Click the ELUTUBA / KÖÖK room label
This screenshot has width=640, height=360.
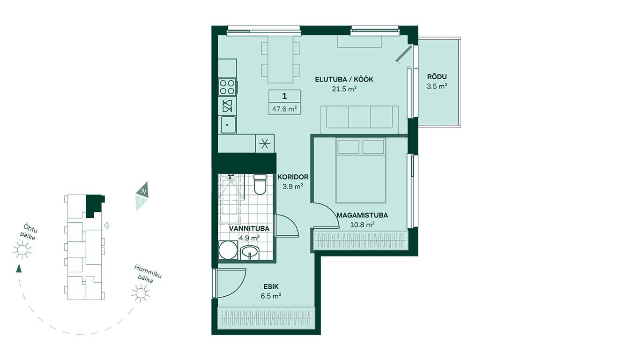(344, 79)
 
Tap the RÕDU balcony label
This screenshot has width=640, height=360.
(437, 76)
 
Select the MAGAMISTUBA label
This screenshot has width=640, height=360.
(362, 215)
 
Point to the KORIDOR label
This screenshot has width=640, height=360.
(293, 177)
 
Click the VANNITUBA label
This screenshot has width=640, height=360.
(249, 229)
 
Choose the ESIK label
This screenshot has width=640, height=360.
(271, 286)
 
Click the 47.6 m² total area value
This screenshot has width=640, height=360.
(284, 109)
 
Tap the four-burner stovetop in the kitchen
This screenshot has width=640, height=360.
(227, 87)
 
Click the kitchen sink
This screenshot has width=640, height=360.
(228, 125)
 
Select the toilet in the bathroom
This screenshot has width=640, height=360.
(260, 184)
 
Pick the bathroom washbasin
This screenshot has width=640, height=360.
(250, 253)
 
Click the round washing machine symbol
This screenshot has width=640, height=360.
(228, 250)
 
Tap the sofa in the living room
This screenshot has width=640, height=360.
(359, 120)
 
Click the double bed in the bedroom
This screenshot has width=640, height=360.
(361, 171)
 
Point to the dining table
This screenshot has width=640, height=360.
(281, 60)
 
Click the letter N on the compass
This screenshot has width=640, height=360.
(144, 191)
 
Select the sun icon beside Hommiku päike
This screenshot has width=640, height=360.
(141, 293)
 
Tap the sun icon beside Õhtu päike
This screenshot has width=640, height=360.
(22, 250)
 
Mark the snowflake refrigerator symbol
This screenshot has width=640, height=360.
(265, 143)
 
